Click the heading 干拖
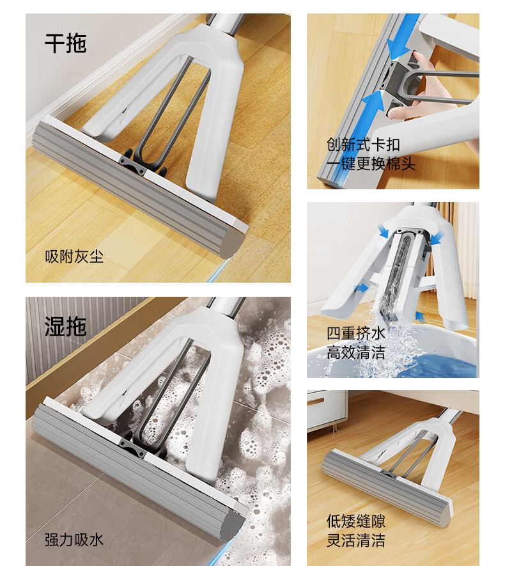tap(66, 43)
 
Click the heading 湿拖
tap(66, 327)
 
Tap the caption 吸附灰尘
tap(74, 256)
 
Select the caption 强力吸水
tap(74, 540)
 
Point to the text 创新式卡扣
tap(363, 145)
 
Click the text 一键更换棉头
tap(371, 164)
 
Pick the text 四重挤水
tap(356, 333)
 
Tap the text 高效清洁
tap(356, 352)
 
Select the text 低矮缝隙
tap(356, 521)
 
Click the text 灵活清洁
tap(356, 540)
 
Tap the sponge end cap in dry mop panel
tap(233, 243)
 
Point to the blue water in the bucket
tap(447, 365)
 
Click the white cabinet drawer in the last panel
tap(325, 409)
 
